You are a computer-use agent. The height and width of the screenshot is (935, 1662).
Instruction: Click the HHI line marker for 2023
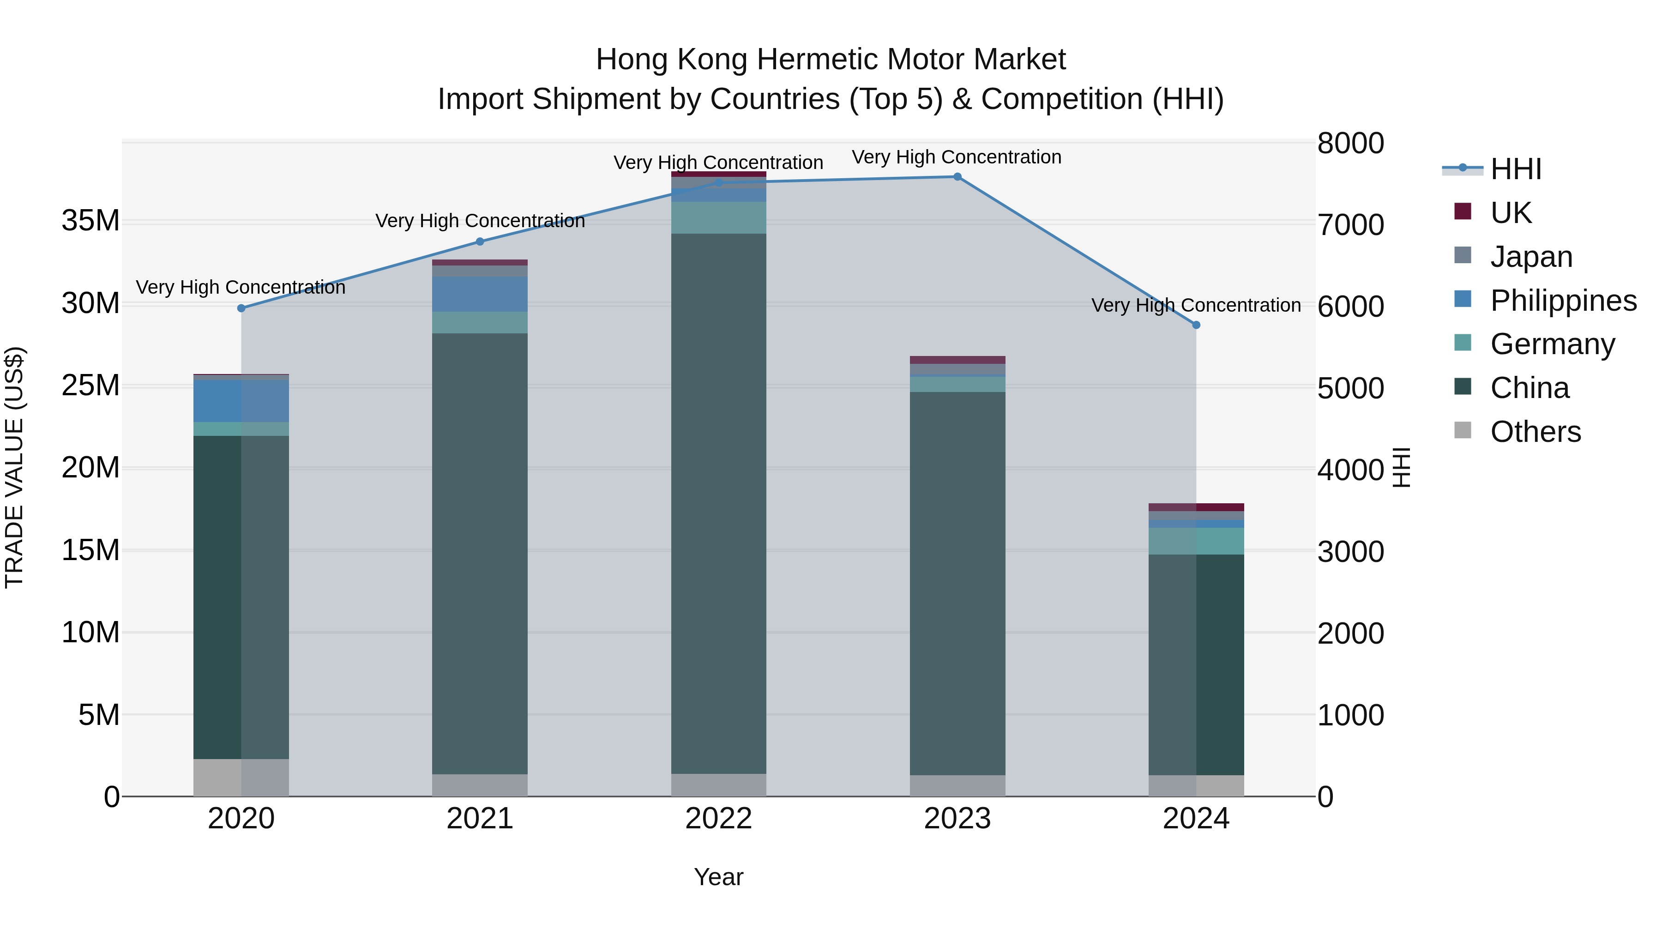click(957, 177)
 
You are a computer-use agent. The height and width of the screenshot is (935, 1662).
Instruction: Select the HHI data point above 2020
click(241, 308)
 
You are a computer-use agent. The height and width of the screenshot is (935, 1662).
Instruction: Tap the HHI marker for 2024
click(1196, 325)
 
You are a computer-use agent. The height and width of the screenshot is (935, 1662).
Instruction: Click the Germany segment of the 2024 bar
click(1196, 541)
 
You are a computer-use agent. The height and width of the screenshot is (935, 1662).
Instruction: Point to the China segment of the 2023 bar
click(957, 581)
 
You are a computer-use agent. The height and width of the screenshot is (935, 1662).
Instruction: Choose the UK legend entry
click(1511, 213)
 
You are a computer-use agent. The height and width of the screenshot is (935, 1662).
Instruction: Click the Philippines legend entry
click(1563, 301)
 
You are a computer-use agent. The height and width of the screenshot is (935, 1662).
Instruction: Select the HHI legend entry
click(1516, 169)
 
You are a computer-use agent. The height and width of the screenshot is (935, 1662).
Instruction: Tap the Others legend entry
click(1535, 432)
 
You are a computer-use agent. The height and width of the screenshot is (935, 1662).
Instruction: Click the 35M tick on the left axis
click(90, 221)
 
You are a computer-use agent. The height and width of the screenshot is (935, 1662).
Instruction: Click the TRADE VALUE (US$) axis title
click(14, 467)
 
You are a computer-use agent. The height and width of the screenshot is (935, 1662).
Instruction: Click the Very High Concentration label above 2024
click(1196, 305)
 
